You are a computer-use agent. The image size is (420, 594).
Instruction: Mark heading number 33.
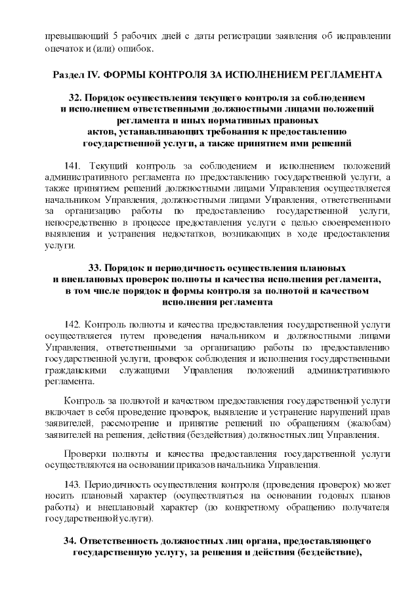[x=94, y=269]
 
